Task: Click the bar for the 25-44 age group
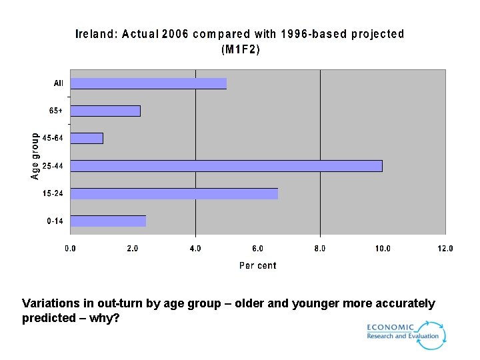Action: pos(226,166)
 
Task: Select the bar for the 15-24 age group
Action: pos(174,193)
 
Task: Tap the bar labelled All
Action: pos(148,83)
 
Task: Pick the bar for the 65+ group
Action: pos(105,111)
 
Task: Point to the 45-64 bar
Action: pos(87,138)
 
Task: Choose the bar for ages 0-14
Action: pos(108,221)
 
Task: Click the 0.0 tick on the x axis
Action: pos(70,249)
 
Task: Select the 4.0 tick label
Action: pos(195,249)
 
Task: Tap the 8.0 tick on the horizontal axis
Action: pos(320,249)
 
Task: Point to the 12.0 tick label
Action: pos(445,249)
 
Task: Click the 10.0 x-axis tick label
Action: pos(382,249)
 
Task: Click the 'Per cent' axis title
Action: pos(257,265)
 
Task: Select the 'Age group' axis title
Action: pos(35,155)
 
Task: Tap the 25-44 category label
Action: pos(53,166)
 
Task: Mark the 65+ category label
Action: pos(56,111)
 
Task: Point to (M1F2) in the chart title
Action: pos(240,49)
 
